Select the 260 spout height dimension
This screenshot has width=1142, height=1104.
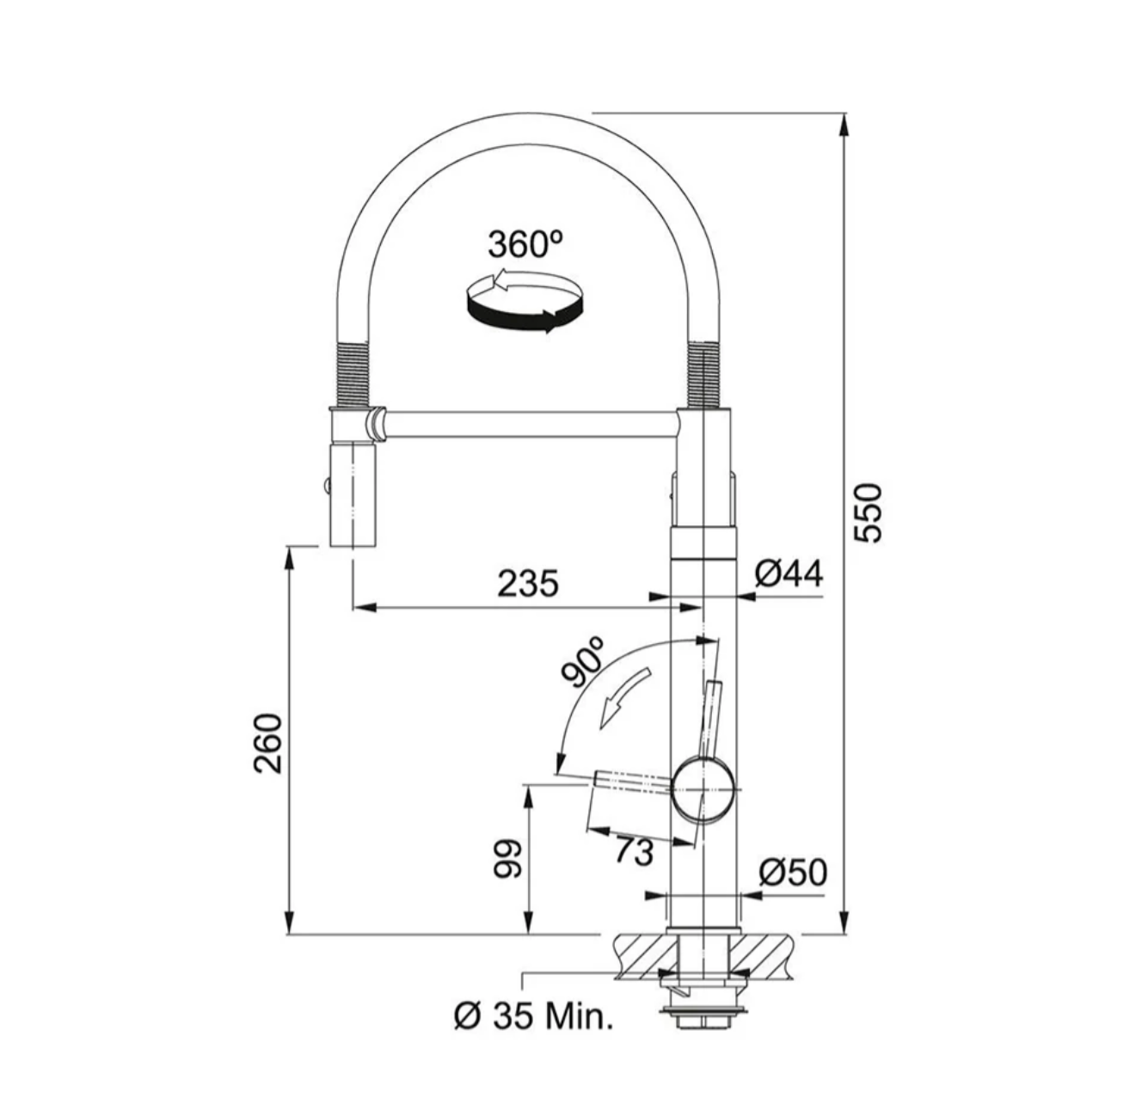tap(268, 743)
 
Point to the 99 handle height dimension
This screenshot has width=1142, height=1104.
tap(507, 860)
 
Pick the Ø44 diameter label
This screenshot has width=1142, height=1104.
tap(789, 573)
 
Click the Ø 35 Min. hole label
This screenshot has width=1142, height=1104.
tap(533, 1016)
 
